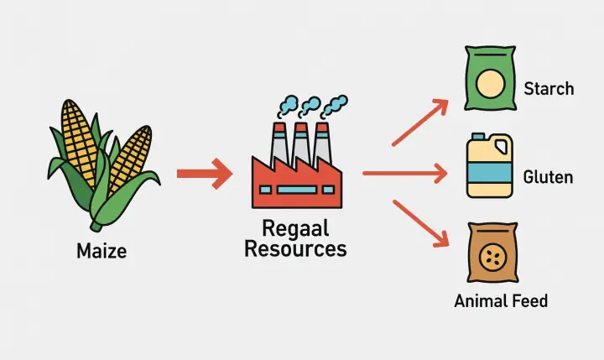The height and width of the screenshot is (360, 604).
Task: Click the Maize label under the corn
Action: [x=102, y=250]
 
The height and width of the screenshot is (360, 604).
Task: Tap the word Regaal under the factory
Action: [x=294, y=228]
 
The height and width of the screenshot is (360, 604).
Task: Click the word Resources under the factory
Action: [x=294, y=248]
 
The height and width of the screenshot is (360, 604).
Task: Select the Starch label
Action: [x=549, y=88]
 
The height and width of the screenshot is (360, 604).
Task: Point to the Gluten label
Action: [x=548, y=177]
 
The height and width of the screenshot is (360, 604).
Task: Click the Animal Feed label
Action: [x=501, y=300]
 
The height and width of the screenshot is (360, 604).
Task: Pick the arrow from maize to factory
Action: [x=204, y=175]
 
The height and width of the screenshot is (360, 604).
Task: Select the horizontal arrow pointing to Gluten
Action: [x=404, y=175]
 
